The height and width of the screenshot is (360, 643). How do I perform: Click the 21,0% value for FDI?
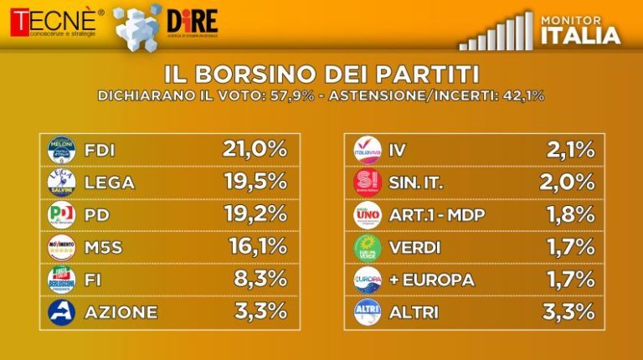click(254, 150)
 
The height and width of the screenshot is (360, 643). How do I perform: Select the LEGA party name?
click(110, 183)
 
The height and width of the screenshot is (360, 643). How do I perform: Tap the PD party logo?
click(62, 215)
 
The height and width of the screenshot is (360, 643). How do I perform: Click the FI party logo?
click(62, 280)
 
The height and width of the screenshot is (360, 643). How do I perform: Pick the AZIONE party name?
click(120, 311)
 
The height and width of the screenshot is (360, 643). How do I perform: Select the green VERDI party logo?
click(368, 247)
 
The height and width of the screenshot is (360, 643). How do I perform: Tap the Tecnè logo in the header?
click(52, 22)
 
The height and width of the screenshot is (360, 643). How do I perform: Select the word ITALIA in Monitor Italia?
click(581, 35)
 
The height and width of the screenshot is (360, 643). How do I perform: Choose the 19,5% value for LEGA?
click(256, 182)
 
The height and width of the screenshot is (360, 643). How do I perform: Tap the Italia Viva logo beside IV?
click(368, 151)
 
